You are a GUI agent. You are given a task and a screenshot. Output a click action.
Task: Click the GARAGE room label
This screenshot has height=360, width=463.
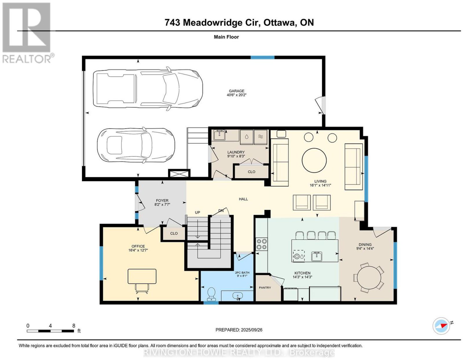[x=236, y=91]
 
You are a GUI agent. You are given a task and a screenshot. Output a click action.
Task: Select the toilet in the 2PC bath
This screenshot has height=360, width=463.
[x=211, y=294]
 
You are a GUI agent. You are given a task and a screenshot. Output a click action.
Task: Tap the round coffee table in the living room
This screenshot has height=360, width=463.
[x=314, y=160]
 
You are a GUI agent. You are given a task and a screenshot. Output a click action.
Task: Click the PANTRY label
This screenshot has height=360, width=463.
[x=265, y=288]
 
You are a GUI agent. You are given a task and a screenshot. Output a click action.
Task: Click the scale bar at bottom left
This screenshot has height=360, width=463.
[x=50, y=331]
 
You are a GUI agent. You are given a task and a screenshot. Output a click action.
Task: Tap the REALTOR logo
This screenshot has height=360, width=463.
[x=27, y=33]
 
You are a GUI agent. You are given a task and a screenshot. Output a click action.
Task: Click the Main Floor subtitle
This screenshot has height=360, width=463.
[x=226, y=37]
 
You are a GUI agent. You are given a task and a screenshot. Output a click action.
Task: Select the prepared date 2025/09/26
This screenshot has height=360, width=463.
[x=252, y=330]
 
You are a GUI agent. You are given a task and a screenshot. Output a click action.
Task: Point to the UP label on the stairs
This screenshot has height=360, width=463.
[x=198, y=213]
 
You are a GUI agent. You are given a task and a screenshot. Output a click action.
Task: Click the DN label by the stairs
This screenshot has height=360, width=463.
[x=221, y=211]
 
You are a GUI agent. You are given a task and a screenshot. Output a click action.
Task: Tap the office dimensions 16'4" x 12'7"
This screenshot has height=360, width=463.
[x=138, y=250]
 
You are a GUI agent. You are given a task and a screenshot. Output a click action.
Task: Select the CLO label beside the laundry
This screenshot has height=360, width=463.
[x=251, y=172]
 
